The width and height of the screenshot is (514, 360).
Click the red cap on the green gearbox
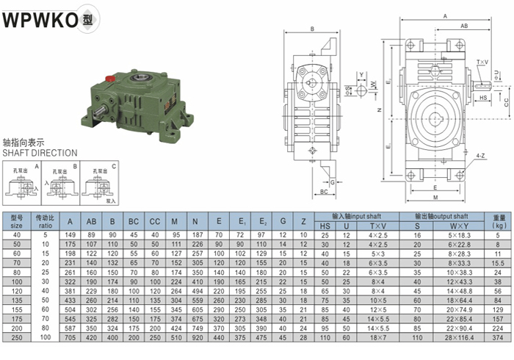110,78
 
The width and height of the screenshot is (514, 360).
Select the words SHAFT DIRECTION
40,154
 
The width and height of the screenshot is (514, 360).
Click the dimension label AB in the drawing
464,26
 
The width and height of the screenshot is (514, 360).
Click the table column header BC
133,221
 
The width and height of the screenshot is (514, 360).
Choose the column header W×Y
438,226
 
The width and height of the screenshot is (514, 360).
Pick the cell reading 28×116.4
438,338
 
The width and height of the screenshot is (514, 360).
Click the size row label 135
16,300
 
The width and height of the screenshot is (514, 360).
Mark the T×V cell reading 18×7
377,338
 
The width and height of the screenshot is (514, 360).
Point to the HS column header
325,226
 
